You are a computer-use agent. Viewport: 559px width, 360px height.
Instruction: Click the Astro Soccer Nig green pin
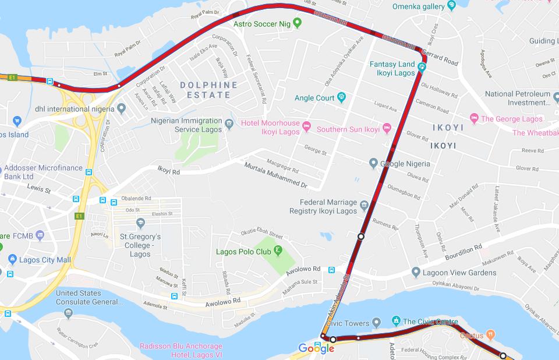pyautogui.click(x=298, y=23)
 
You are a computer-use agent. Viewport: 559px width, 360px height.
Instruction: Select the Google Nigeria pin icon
pyautogui.click(x=373, y=164)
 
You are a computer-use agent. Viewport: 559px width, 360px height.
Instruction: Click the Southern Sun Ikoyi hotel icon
pyautogui.click(x=387, y=128)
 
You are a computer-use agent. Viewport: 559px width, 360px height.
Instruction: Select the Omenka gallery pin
pyautogui.click(x=452, y=6)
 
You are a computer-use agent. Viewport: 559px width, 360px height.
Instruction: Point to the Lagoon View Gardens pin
pyautogui.click(x=415, y=272)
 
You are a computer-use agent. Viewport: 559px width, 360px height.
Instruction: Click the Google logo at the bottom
pyautogui.click(x=316, y=348)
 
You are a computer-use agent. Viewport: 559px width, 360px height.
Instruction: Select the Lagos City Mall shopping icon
pyautogui.click(x=12, y=259)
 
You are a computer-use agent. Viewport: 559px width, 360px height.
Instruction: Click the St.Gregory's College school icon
pyautogui.click(x=140, y=223)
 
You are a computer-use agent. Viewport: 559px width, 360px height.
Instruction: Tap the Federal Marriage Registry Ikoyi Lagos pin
pyautogui.click(x=364, y=205)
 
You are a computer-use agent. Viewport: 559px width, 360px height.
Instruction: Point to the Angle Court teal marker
pyautogui.click(x=342, y=98)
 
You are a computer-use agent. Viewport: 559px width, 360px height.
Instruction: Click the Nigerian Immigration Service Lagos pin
pyautogui.click(x=229, y=123)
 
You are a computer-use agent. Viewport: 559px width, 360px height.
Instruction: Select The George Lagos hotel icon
pyautogui.click(x=473, y=119)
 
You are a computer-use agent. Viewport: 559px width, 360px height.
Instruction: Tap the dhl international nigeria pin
pyautogui.click(x=121, y=108)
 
